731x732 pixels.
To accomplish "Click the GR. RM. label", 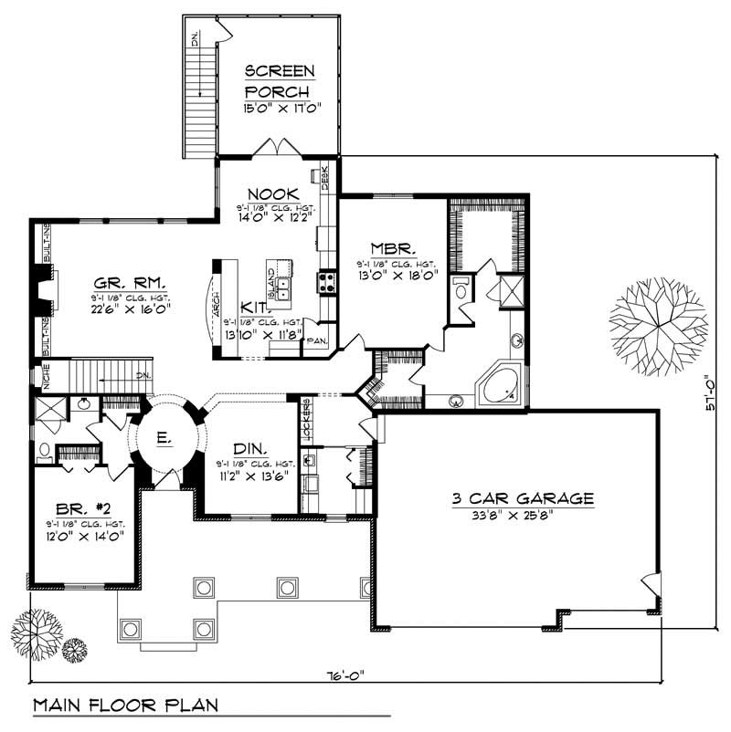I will (x=126, y=282).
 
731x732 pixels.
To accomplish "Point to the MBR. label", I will (x=394, y=248).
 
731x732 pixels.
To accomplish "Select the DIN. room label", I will (x=249, y=449).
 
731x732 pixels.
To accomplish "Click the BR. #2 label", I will (x=78, y=510).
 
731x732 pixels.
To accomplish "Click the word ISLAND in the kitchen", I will (x=271, y=273).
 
